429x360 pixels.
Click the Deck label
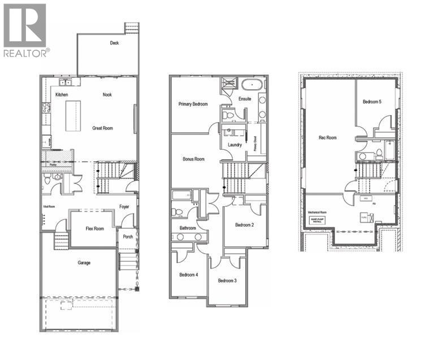coord(115,43)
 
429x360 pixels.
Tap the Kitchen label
coord(62,94)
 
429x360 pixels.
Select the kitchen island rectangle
coord(73,116)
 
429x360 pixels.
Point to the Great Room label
coord(102,128)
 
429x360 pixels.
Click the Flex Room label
coord(94,229)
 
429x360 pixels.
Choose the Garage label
coord(84,262)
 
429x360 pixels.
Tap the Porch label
coord(128,236)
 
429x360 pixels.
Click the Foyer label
coord(124,206)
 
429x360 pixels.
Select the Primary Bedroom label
coord(193,104)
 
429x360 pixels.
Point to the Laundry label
coord(235,145)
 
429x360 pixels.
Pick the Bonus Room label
coord(193,159)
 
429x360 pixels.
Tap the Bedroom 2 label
coord(244,225)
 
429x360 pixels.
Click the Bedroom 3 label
coord(227,281)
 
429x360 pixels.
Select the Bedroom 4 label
coord(189,275)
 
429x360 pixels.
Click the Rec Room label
coord(328,137)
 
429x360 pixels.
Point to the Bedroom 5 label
coord(372,102)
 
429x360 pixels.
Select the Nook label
coord(107,94)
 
